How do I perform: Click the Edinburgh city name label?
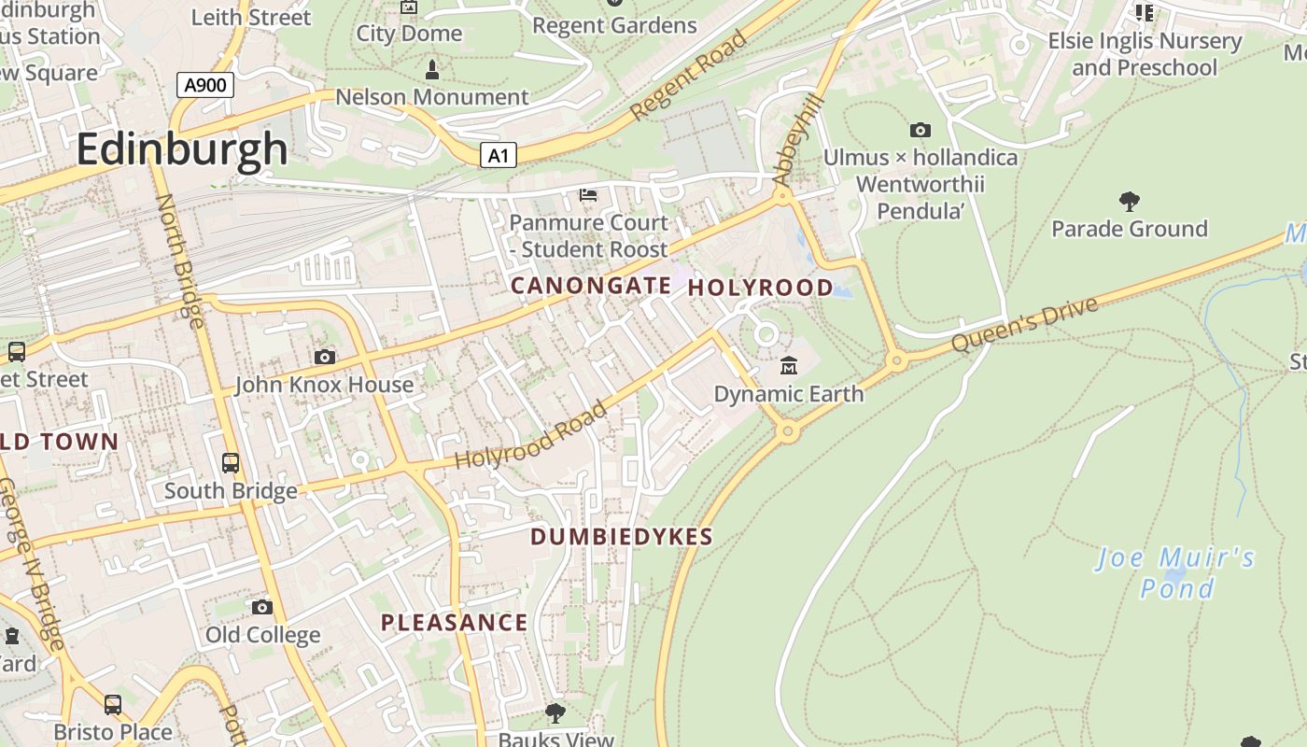[182, 149]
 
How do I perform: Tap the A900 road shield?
[204, 86]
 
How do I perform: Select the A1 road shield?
[499, 155]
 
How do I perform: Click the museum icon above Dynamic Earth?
[789, 365]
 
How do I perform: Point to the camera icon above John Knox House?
[325, 357]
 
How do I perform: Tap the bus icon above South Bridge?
[230, 462]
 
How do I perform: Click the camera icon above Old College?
[262, 607]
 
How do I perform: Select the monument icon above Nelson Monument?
[431, 69]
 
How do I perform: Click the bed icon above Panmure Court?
[588, 194]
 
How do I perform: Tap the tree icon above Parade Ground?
[1129, 201]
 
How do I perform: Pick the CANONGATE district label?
[591, 286]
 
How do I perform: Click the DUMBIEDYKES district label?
[622, 537]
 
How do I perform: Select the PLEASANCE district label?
[454, 623]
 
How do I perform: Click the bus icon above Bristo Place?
[113, 704]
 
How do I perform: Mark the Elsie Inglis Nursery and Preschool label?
[1145, 54]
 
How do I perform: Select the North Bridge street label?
[179, 261]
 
